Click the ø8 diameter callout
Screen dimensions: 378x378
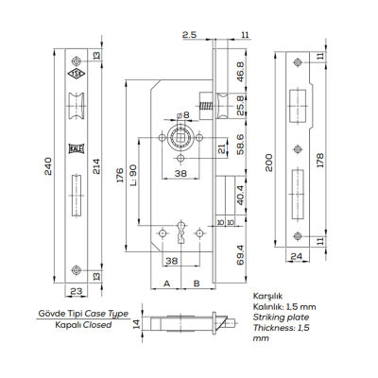[x=185, y=115]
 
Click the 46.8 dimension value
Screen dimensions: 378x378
[x=241, y=72]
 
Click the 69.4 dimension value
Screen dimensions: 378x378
[x=241, y=252]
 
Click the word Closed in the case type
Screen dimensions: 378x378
[x=96, y=324]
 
